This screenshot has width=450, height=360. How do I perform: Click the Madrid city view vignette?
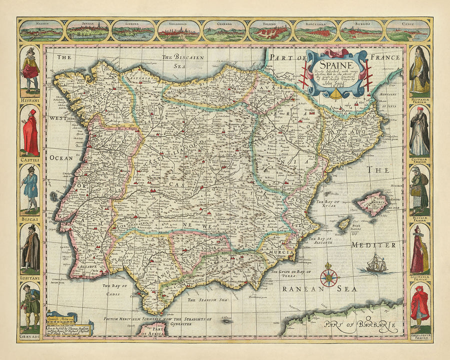[41, 30]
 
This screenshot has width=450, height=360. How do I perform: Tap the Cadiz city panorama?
[407, 30]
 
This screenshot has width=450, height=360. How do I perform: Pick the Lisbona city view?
[132, 30]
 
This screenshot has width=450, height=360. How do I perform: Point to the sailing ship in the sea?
[376, 263]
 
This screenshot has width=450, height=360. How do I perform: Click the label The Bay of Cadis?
[115, 289]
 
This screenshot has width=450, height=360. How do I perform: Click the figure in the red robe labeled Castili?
[30, 132]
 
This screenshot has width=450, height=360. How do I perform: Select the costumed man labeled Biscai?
[30, 190]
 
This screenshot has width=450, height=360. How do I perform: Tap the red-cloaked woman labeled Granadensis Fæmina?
[419, 306]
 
